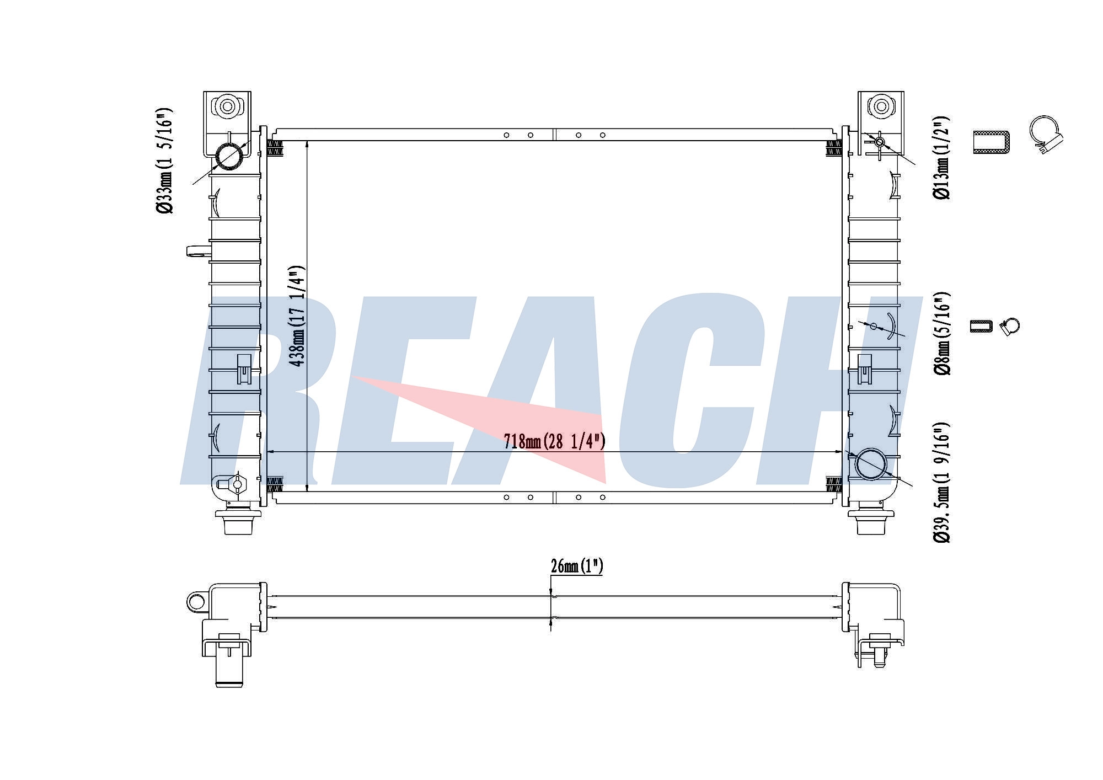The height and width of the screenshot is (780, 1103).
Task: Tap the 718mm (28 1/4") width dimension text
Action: click(554, 441)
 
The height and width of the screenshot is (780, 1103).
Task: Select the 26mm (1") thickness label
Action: click(576, 567)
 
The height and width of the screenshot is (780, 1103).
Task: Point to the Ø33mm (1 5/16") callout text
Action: click(164, 161)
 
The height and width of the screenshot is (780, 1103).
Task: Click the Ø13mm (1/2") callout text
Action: click(941, 158)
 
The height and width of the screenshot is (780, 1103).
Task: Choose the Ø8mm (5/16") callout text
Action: click(941, 333)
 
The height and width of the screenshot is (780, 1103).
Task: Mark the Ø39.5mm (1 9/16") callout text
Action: click(941, 482)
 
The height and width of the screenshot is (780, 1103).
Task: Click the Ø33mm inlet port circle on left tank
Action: click(229, 156)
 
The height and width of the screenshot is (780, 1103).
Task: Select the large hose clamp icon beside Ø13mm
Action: click(1046, 135)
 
